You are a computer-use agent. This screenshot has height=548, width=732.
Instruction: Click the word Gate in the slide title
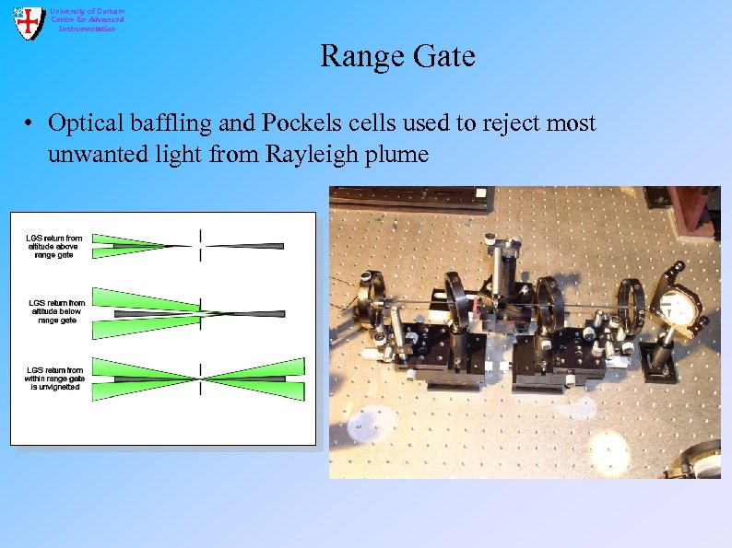[445, 57]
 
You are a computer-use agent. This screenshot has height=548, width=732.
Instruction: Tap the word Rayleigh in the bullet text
[310, 154]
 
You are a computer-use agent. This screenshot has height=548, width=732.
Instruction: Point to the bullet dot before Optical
[30, 124]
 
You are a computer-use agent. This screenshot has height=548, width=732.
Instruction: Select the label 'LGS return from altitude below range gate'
[56, 311]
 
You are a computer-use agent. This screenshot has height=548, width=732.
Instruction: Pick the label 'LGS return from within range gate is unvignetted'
[55, 379]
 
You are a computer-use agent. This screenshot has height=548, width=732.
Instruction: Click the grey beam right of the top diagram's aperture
[245, 246]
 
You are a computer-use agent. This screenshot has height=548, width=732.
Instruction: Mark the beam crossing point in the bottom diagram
[200, 379]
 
